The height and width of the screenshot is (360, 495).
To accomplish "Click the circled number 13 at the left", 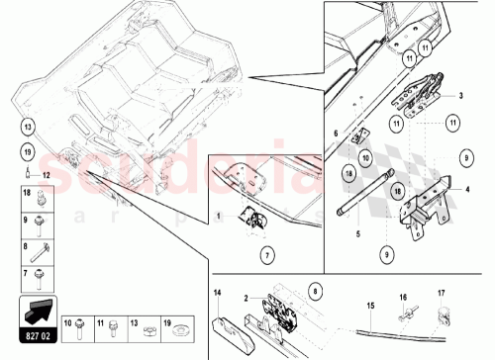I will coord(28,126).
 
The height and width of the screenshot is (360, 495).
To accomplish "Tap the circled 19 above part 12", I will coord(28,151).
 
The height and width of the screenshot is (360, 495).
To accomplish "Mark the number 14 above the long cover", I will coord(217,293).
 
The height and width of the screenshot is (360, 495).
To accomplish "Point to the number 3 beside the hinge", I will coord(460,96).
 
